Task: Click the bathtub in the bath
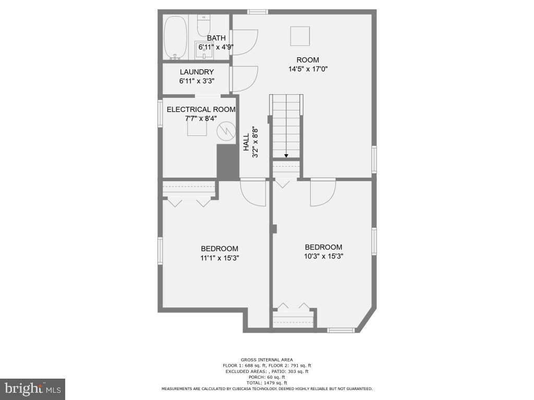(x=175, y=37)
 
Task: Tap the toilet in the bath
(x=203, y=25)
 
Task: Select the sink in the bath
(x=202, y=49)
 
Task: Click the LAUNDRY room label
(x=197, y=72)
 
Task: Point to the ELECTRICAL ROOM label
(x=201, y=109)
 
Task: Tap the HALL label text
(x=246, y=143)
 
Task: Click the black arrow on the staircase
(x=286, y=155)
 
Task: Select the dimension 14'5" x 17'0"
(x=308, y=69)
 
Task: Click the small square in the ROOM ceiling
(x=300, y=36)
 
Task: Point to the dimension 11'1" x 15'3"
(x=220, y=257)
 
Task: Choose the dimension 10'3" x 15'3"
(x=323, y=256)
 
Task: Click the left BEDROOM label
(x=220, y=248)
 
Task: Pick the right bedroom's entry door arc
(x=322, y=193)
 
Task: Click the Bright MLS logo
(x=32, y=389)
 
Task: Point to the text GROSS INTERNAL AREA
(x=266, y=359)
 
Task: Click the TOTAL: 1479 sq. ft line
(x=266, y=383)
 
